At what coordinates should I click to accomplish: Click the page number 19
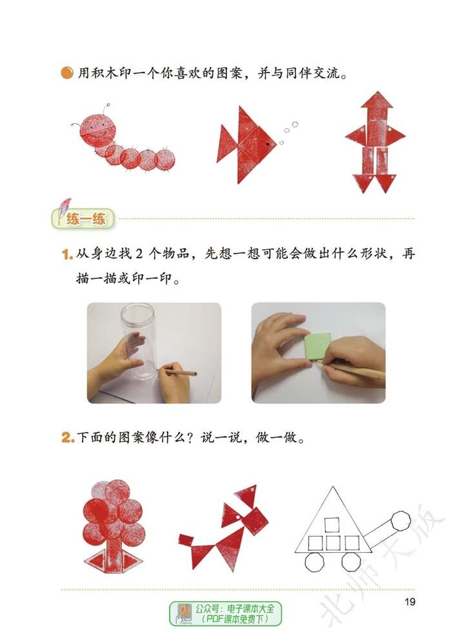pos(410,602)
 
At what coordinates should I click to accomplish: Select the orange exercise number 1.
pos(66,254)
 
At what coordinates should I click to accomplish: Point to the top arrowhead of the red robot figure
pos(377,101)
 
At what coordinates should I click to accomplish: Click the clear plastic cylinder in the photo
pos(138,339)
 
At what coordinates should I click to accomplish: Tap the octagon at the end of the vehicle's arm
pos(401,520)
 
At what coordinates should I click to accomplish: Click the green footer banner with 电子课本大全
pos(225,613)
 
